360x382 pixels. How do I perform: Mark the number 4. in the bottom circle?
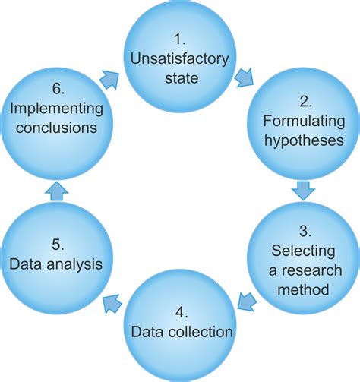(180, 312)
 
